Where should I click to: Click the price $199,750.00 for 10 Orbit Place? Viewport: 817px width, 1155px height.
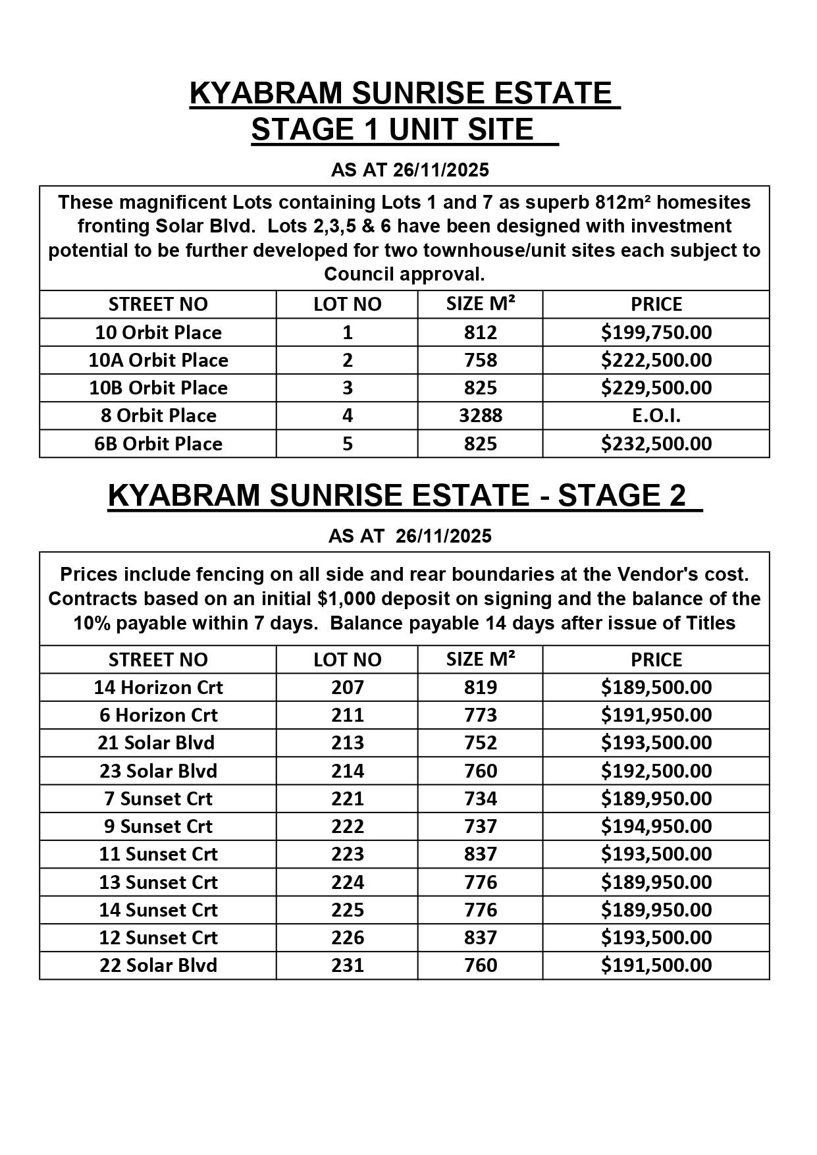pyautogui.click(x=656, y=333)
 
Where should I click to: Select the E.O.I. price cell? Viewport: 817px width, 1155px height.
pyautogui.click(x=656, y=416)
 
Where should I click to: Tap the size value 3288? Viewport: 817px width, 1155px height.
pyautogui.click(x=480, y=416)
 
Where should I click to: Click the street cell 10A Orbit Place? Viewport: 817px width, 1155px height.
pyautogui.click(x=158, y=360)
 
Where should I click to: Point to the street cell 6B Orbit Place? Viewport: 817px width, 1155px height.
pyautogui.click(x=158, y=444)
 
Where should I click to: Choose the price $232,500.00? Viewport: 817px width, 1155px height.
pyautogui.click(x=656, y=444)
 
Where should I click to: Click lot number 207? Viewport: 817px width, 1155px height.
pyautogui.click(x=347, y=687)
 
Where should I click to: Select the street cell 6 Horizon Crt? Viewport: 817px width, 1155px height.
pyautogui.click(x=158, y=715)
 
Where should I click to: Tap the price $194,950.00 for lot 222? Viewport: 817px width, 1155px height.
pyautogui.click(x=656, y=826)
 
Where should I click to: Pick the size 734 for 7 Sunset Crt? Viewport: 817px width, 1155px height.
pyautogui.click(x=480, y=799)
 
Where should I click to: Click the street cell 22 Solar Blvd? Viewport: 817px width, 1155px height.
pyautogui.click(x=158, y=965)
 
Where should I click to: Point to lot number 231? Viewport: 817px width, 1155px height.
pyautogui.click(x=347, y=965)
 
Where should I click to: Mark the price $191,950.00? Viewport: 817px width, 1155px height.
pyautogui.click(x=656, y=715)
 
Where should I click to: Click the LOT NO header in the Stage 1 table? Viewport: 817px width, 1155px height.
pyautogui.click(x=347, y=304)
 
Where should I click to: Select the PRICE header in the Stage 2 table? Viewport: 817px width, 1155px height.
pyautogui.click(x=656, y=660)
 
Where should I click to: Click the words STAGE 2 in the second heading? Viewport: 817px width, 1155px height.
pyautogui.click(x=621, y=495)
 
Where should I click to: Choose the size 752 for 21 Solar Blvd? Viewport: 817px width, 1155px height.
pyautogui.click(x=480, y=743)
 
